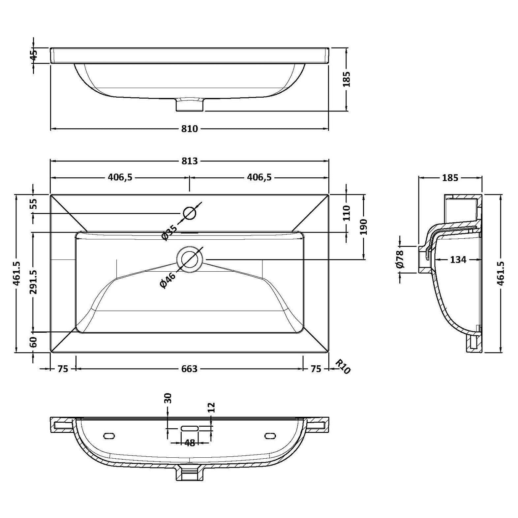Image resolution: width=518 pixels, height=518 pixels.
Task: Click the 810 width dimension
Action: pos(190,129)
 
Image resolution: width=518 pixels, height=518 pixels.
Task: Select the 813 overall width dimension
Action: pos(190,161)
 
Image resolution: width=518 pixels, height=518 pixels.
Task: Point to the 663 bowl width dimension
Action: pos(189,369)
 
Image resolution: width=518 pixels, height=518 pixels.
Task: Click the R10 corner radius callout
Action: pos(342,366)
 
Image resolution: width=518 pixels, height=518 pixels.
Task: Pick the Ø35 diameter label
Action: pos(169,232)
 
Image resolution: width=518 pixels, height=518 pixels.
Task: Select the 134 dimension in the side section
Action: pos(458,260)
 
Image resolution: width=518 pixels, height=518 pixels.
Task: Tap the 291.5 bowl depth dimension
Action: pos(34,282)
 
